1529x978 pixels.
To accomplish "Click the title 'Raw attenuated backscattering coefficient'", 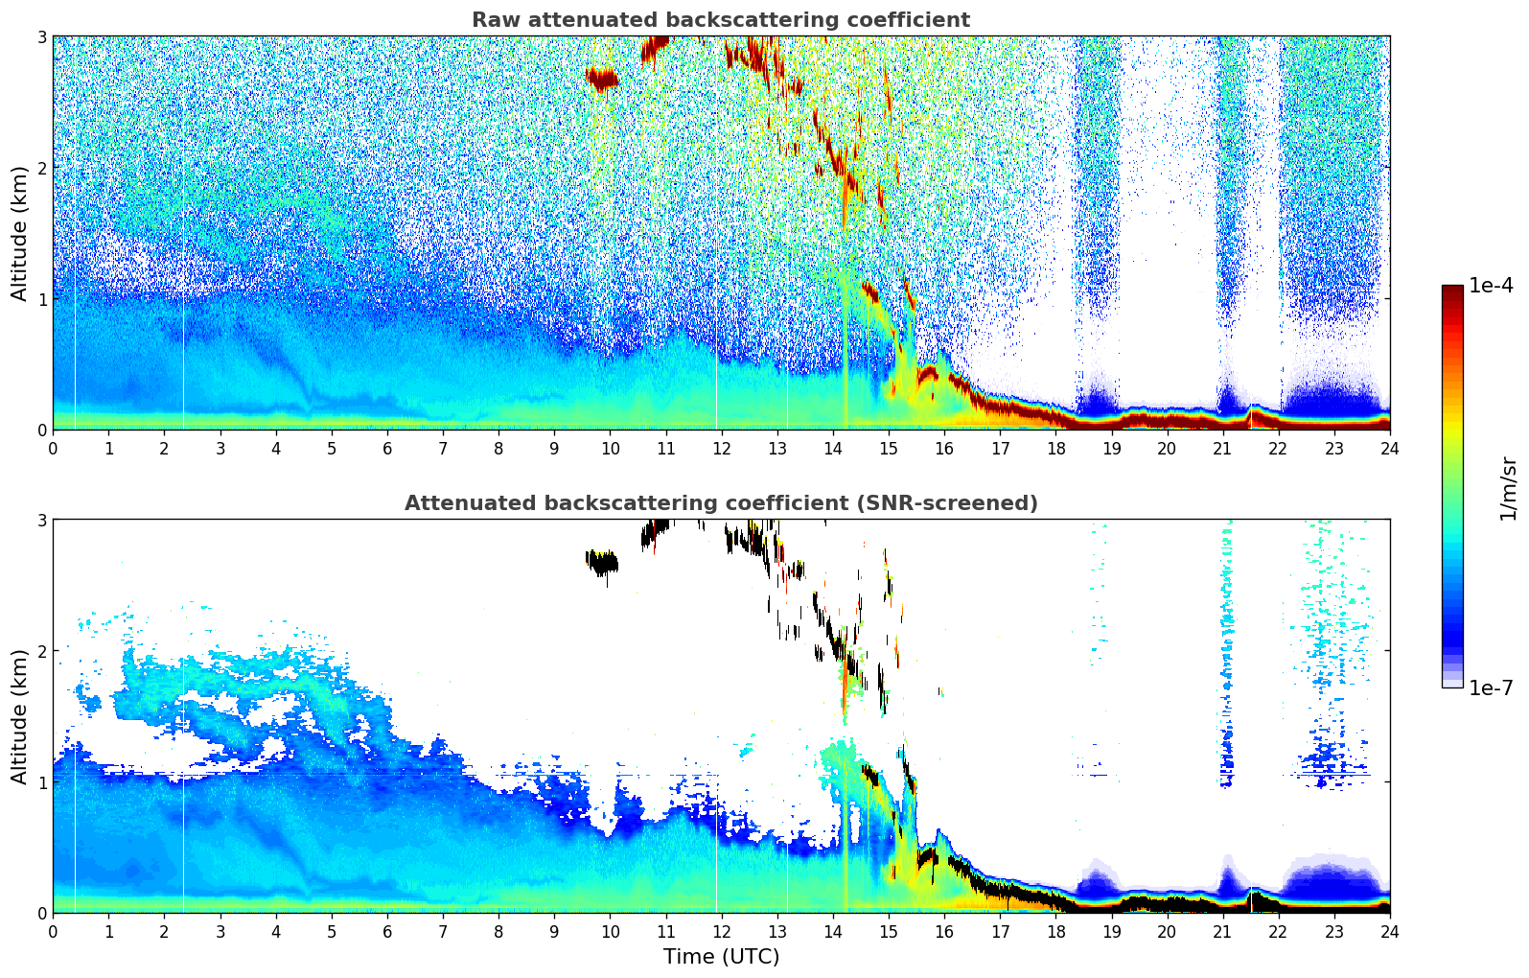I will click(720, 20).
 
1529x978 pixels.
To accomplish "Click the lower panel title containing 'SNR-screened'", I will click(720, 503).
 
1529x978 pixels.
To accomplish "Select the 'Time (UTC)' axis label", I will click(721, 957).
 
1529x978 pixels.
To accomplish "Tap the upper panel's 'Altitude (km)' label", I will click(19, 233).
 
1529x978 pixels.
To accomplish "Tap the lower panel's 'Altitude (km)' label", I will click(19, 716).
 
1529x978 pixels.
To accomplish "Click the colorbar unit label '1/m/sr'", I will click(1508, 488).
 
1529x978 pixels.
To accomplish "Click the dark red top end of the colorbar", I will click(1452, 290).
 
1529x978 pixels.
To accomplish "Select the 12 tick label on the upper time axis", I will click(721, 448).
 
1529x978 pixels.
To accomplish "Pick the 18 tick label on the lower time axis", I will click(1055, 931).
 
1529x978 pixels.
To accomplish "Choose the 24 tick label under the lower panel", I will click(1389, 931).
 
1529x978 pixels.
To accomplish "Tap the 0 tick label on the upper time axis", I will click(53, 448).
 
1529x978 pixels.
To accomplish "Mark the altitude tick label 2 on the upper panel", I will click(41, 168).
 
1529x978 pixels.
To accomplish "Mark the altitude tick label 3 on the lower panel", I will click(41, 520).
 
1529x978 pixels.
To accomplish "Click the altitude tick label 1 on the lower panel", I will click(41, 782).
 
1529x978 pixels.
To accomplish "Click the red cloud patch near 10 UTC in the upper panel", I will click(602, 79).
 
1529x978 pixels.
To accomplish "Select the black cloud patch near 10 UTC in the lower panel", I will click(603, 563).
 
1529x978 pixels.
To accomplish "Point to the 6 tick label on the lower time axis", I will click(387, 931).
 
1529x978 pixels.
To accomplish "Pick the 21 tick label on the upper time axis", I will click(1222, 448).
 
